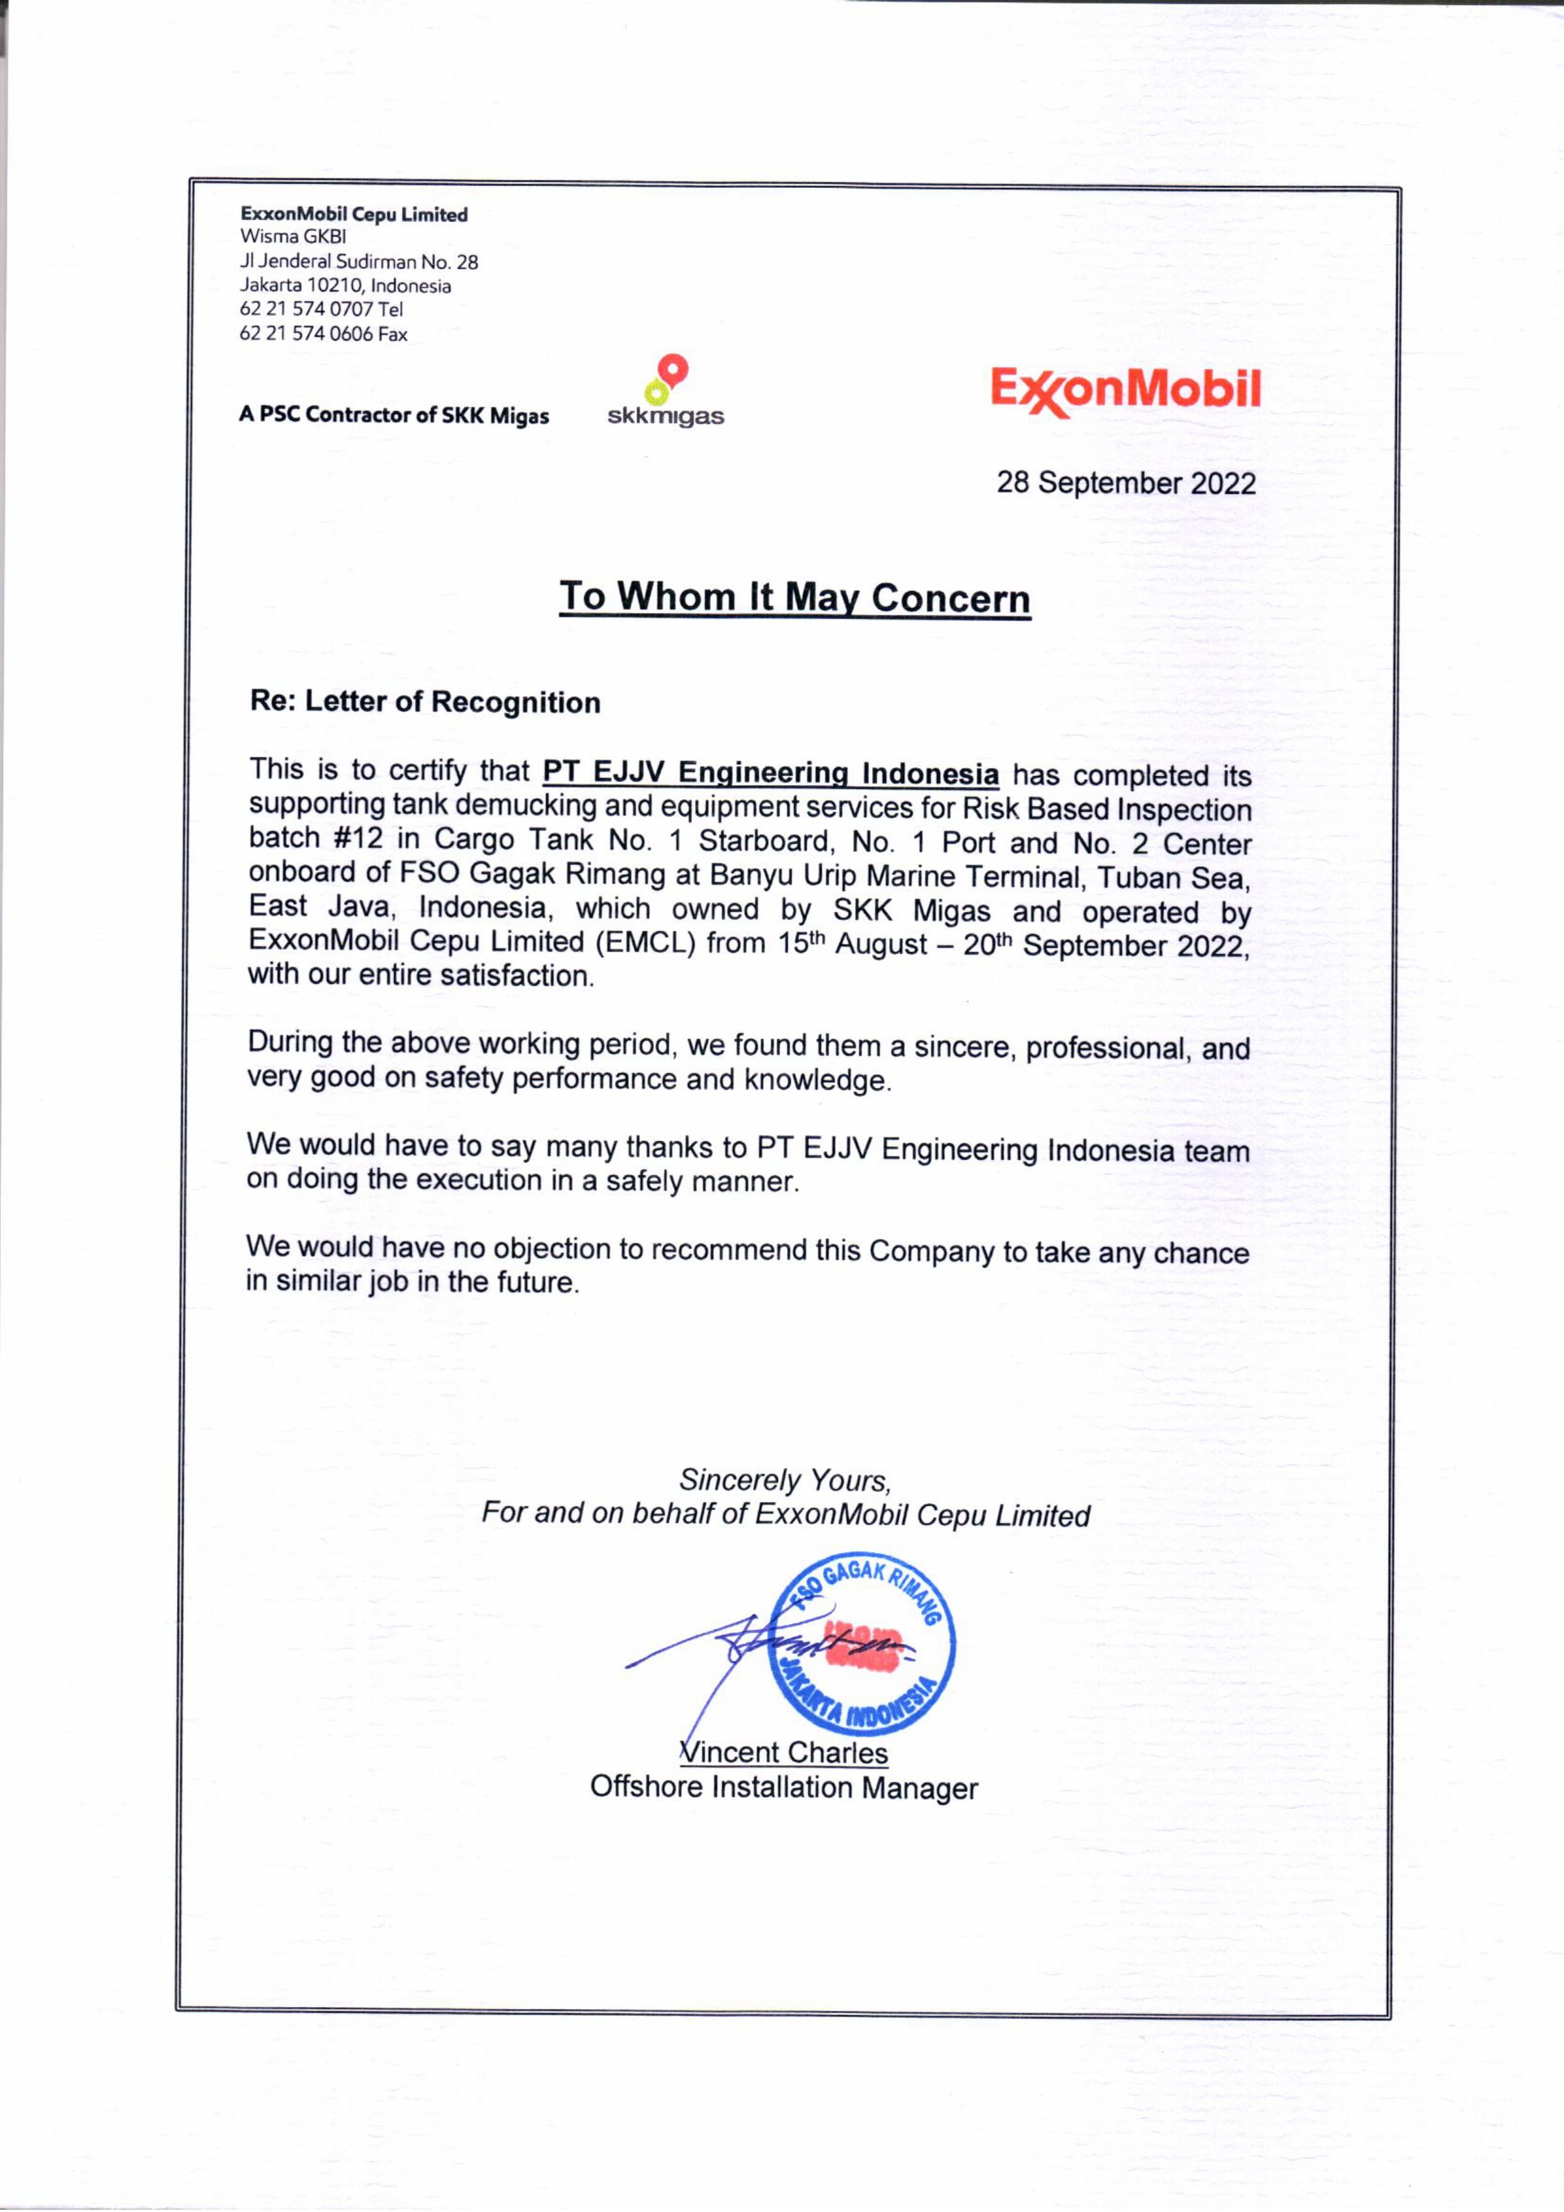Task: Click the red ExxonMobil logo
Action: coord(1125,391)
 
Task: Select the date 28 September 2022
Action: coord(1126,483)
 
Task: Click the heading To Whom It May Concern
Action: coord(795,598)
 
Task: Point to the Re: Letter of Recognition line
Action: coord(425,702)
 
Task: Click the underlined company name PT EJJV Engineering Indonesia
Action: coord(771,773)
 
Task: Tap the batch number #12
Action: coord(359,837)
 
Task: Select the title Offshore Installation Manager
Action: coord(784,1787)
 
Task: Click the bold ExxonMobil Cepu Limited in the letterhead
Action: coord(354,214)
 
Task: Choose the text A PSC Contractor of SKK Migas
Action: coord(394,415)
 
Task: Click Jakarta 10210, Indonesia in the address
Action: coord(345,285)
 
